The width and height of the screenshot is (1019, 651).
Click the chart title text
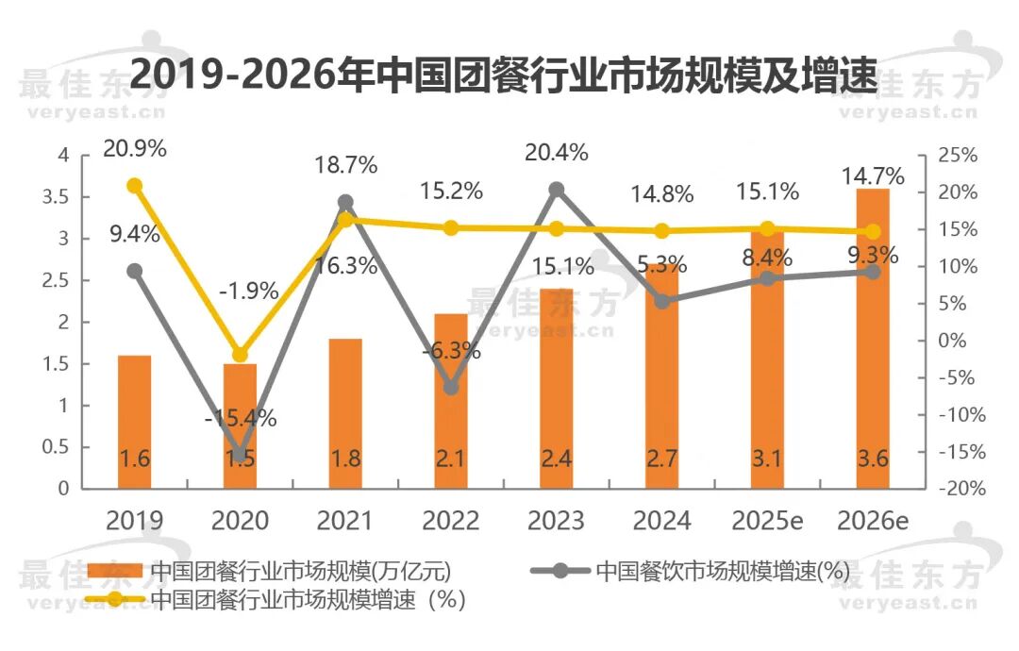point(504,75)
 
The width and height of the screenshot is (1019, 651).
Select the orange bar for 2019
point(135,422)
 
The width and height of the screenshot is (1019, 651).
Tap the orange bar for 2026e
point(873,339)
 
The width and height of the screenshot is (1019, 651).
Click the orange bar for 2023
point(557,389)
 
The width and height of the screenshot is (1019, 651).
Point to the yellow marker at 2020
point(240,355)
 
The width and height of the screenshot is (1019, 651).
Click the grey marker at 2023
point(557,190)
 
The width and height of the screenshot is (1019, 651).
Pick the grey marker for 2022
point(451,387)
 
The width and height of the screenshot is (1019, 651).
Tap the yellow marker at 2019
point(135,186)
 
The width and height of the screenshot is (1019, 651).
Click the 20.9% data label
point(135,149)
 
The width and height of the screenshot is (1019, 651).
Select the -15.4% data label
point(241,418)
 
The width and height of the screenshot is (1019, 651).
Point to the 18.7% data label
point(345,165)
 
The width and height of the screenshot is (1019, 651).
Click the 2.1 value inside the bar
point(450,459)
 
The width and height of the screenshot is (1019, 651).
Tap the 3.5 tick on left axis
point(56,197)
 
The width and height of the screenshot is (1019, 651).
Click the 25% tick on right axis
point(958,156)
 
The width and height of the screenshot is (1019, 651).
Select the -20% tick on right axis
point(961,489)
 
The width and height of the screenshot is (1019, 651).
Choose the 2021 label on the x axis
point(345,521)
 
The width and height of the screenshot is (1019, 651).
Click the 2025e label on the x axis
point(767,521)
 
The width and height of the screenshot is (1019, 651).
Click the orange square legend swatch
point(114,571)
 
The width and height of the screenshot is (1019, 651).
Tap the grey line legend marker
point(560,571)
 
